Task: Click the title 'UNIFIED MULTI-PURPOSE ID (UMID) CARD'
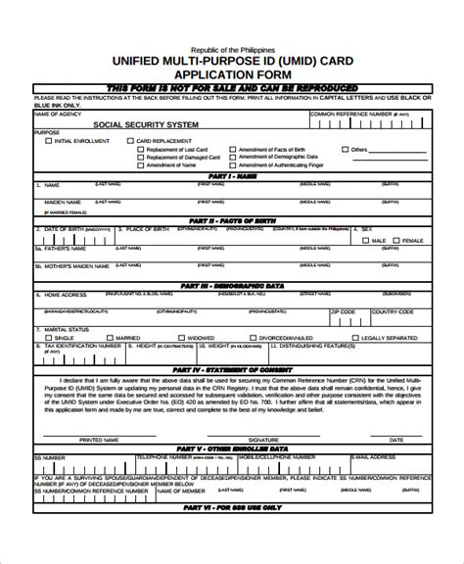232,60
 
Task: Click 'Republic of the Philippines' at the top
232,47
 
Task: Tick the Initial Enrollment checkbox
49,141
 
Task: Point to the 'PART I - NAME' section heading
232,177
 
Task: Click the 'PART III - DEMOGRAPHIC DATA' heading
232,285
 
